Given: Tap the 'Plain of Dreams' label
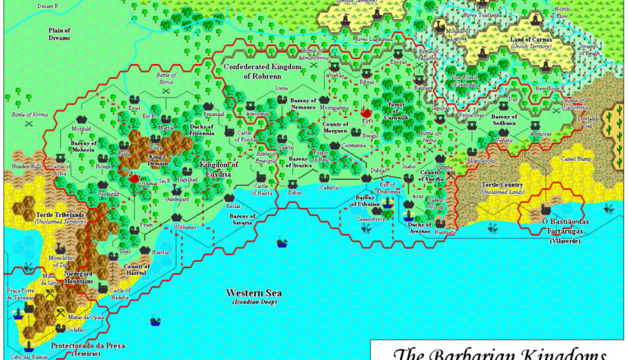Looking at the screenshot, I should click(59, 35).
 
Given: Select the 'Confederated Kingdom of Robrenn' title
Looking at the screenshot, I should click(262, 71).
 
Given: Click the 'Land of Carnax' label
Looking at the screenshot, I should click(531, 40).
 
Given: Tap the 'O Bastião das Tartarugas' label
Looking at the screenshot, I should click(565, 226).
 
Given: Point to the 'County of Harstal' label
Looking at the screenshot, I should click(136, 270).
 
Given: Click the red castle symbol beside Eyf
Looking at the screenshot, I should click(366, 112).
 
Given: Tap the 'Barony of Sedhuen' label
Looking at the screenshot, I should click(503, 120).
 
